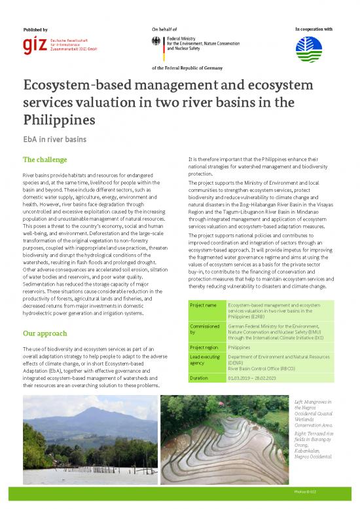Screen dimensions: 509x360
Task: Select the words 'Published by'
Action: coord(35,30)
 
